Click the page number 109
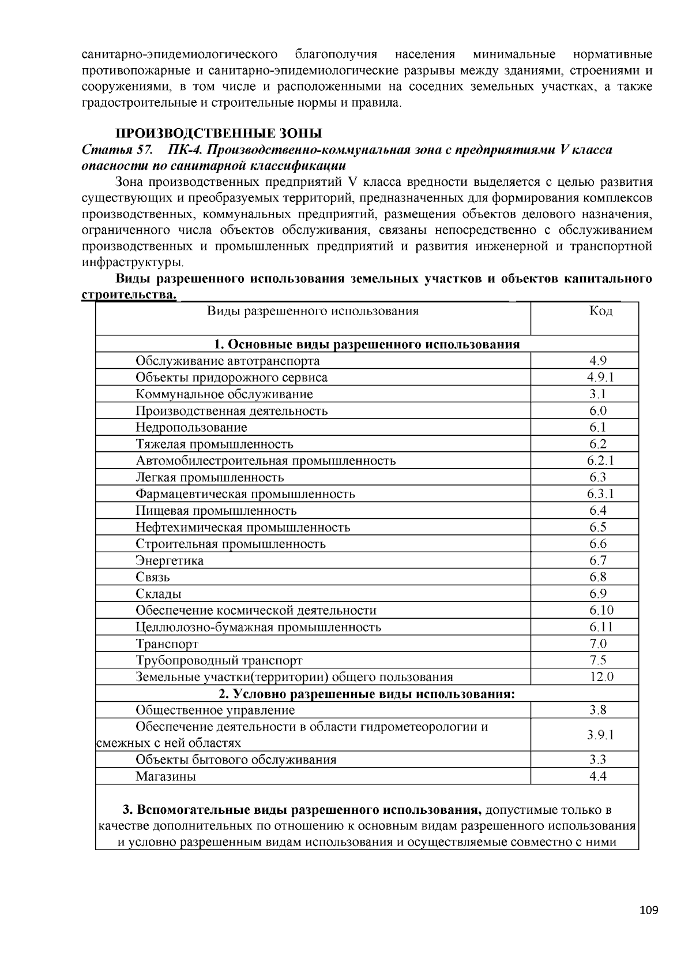648,911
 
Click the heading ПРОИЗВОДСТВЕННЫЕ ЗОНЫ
219,134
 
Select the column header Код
601,311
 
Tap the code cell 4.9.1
601,377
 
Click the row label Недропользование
191,428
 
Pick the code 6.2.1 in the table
601,461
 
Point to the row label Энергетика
170,561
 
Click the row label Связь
153,577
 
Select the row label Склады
159,594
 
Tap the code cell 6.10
601,611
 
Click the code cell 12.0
601,677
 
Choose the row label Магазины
166,777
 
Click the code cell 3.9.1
601,735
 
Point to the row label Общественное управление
215,710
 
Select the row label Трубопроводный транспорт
219,661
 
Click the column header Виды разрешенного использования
313,311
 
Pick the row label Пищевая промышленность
216,511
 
